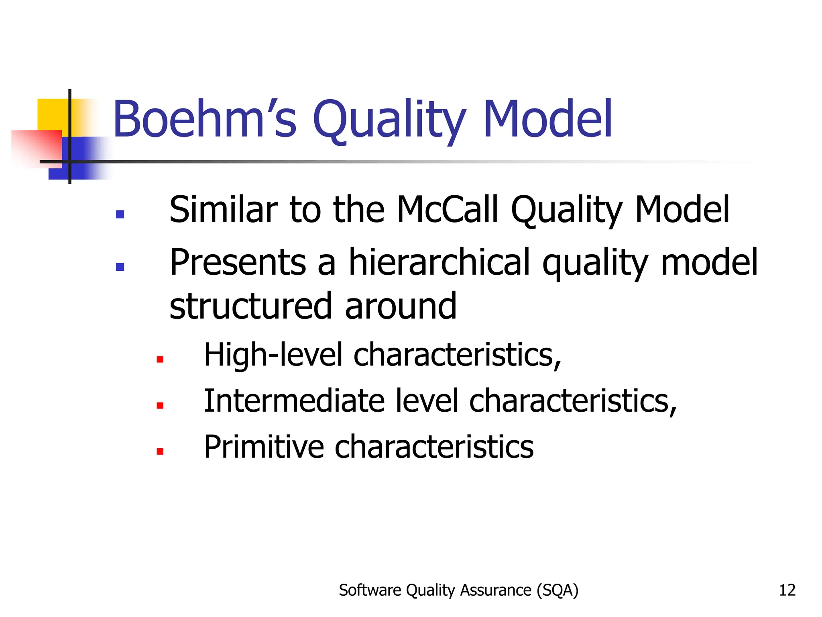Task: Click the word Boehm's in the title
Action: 205,120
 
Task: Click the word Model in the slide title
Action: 548,120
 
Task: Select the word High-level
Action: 273,355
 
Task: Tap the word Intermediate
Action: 294,401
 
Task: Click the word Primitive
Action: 264,447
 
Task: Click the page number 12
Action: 787,590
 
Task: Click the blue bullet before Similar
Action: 120,214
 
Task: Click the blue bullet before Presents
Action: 120,267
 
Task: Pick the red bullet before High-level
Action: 160,360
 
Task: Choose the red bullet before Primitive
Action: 160,452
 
